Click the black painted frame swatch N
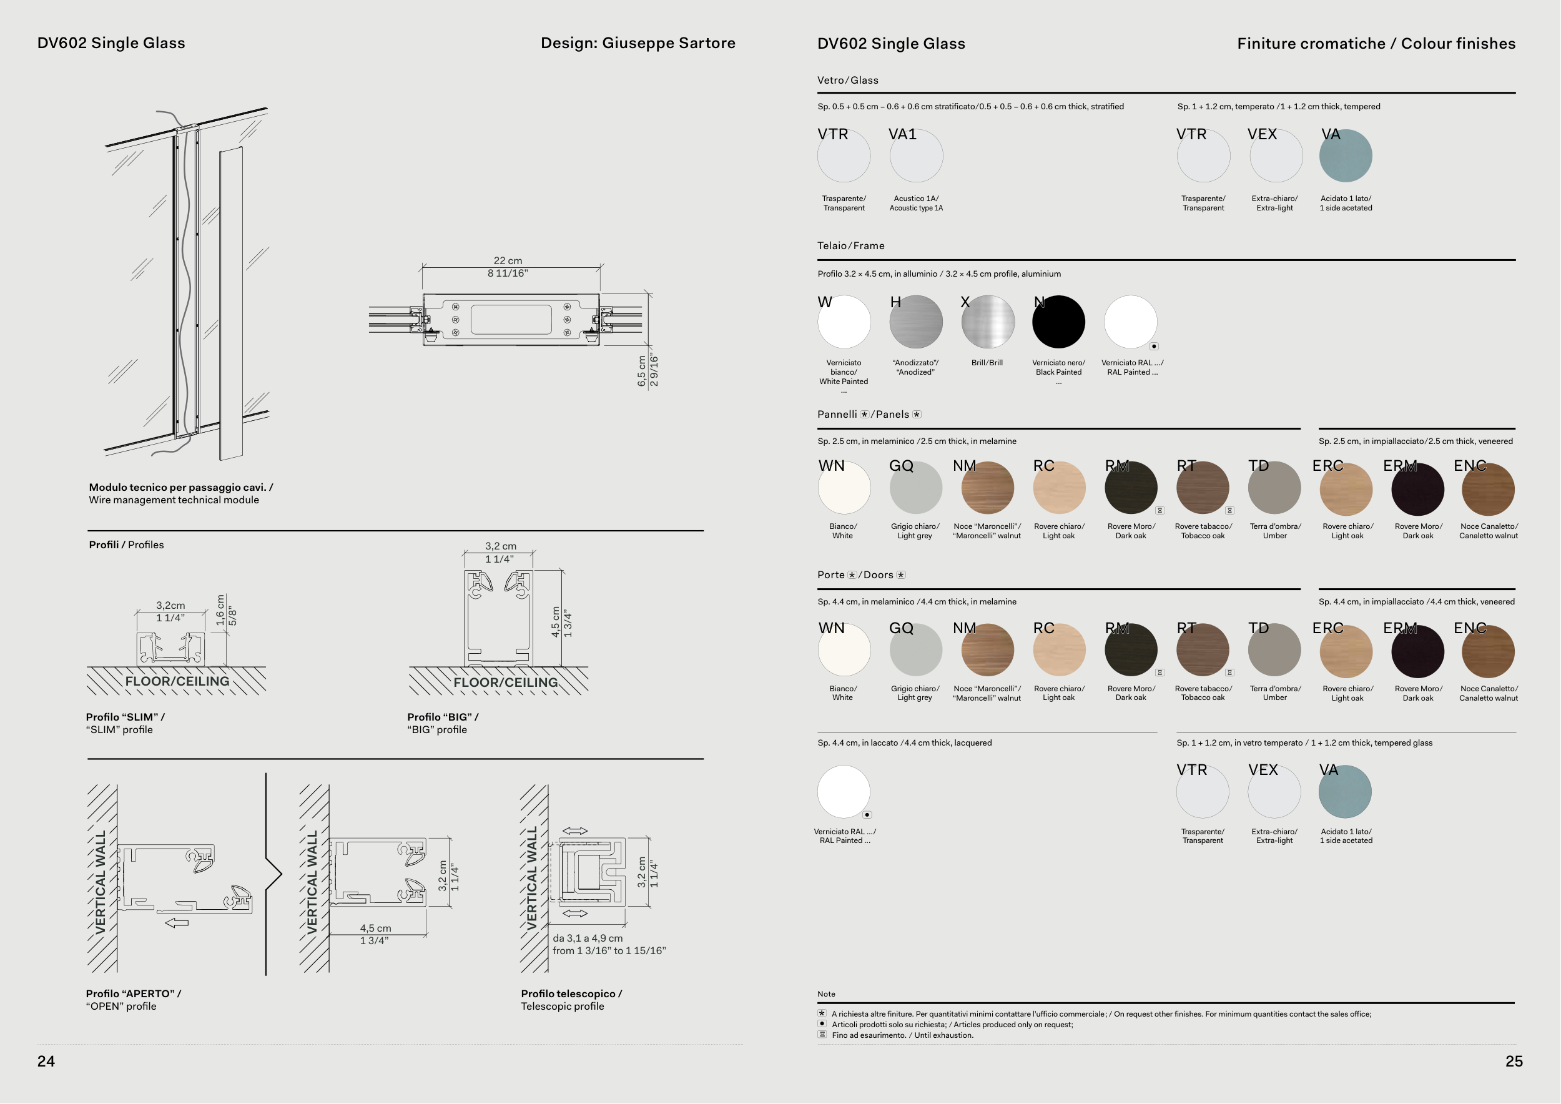[1058, 322]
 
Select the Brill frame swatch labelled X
[988, 322]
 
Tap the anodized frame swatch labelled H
[916, 322]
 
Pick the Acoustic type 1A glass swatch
[916, 155]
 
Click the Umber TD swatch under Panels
[1275, 488]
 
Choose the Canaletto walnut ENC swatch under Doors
[1488, 651]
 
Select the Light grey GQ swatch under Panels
[916, 488]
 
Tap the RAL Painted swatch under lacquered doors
[844, 791]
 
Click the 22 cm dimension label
[508, 261]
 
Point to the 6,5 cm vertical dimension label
[642, 371]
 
